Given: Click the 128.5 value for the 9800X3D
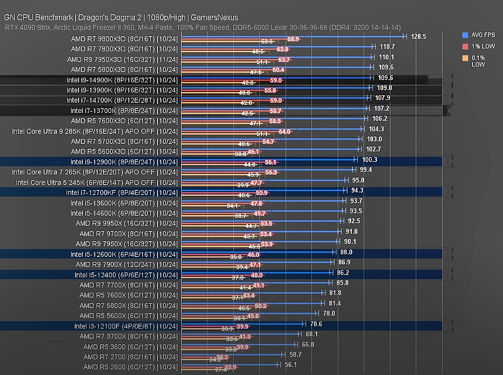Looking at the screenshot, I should click(x=418, y=36).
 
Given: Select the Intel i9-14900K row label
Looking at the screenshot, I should click(x=122, y=80).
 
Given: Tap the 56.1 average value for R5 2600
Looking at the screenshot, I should click(x=291, y=365).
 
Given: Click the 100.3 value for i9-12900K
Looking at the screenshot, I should click(x=370, y=160).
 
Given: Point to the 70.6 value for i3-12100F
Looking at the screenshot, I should click(x=316, y=324).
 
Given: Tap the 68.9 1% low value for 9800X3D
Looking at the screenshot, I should click(x=293, y=40).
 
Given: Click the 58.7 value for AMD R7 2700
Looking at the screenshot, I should click(x=296, y=355).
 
